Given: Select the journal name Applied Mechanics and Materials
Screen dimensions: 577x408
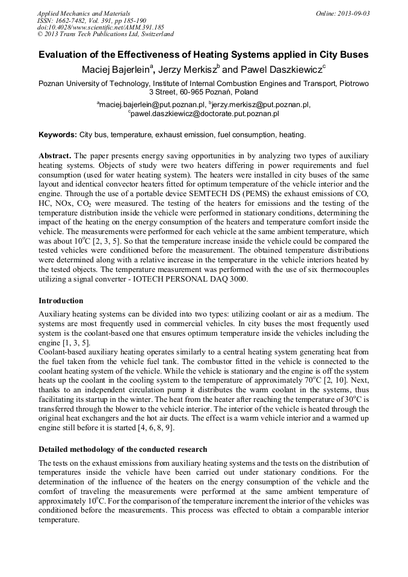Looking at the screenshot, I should click(84, 13).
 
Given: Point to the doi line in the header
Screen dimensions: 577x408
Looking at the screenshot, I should click(100, 27).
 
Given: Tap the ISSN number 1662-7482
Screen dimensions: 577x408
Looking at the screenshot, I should click(76, 20).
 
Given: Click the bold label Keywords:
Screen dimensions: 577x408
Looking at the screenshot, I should click(58, 135).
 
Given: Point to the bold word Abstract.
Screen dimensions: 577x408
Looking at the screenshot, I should click(55, 155).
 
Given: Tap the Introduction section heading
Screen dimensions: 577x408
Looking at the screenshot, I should click(61, 300).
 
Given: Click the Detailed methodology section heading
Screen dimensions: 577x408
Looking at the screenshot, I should click(123, 449).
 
